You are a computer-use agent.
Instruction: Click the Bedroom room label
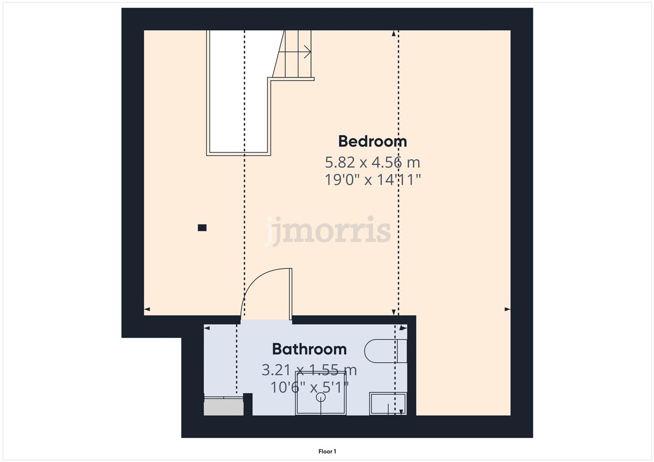click(x=372, y=141)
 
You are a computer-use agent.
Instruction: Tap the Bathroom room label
click(x=309, y=349)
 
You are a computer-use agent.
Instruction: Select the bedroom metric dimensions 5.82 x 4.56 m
click(x=372, y=162)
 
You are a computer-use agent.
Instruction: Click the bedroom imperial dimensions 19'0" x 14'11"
click(x=372, y=180)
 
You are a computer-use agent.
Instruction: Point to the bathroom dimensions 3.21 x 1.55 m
click(x=309, y=370)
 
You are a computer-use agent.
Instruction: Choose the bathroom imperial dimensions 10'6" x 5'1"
click(x=309, y=388)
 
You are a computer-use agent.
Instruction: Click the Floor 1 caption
click(x=327, y=451)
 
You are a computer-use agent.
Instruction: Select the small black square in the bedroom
click(x=202, y=228)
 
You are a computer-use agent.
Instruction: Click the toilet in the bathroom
click(x=385, y=351)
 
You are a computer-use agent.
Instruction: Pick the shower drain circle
click(x=320, y=397)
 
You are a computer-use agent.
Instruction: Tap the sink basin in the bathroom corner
click(x=387, y=404)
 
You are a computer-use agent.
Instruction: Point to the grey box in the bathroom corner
click(x=224, y=408)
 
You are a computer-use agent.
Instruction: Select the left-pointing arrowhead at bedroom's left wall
click(x=147, y=309)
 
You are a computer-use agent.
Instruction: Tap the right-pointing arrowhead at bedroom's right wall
click(x=507, y=309)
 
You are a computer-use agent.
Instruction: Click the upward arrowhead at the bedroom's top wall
click(x=394, y=33)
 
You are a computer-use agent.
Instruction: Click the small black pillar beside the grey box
click(x=248, y=404)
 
